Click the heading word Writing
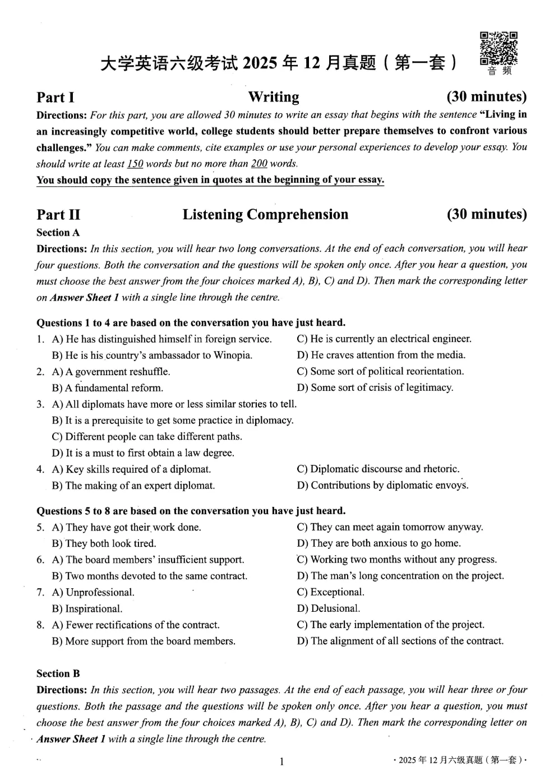[x=274, y=97]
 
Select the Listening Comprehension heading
[x=265, y=214]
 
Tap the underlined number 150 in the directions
[x=135, y=164]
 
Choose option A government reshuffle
[x=111, y=371]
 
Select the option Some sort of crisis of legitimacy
[x=375, y=387]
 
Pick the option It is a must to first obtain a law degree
[x=143, y=453]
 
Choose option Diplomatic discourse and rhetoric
[x=378, y=469]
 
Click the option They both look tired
[x=104, y=543]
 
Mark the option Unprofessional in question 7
[x=93, y=592]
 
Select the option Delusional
[x=329, y=608]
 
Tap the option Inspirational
[x=87, y=608]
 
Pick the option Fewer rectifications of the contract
[x=136, y=625]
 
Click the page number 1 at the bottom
[x=281, y=761]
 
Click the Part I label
[x=56, y=98]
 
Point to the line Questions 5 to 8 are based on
[x=191, y=511]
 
